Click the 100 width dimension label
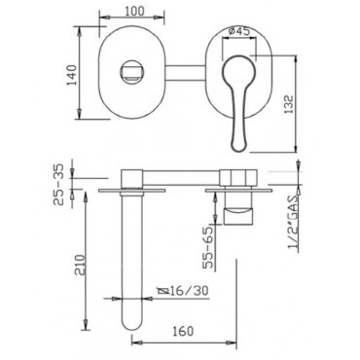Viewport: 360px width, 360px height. tap(134, 11)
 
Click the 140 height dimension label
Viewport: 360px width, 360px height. tap(71, 75)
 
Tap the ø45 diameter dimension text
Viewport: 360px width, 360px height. tap(238, 31)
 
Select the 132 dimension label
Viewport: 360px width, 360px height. tap(288, 104)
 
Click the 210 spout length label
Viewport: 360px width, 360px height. tap(80, 265)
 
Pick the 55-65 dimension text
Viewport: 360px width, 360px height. tap(209, 247)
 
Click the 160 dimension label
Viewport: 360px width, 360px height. tap(183, 331)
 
